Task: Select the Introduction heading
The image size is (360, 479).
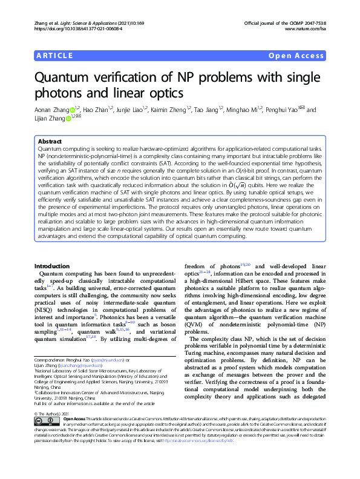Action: click(x=52, y=266)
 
